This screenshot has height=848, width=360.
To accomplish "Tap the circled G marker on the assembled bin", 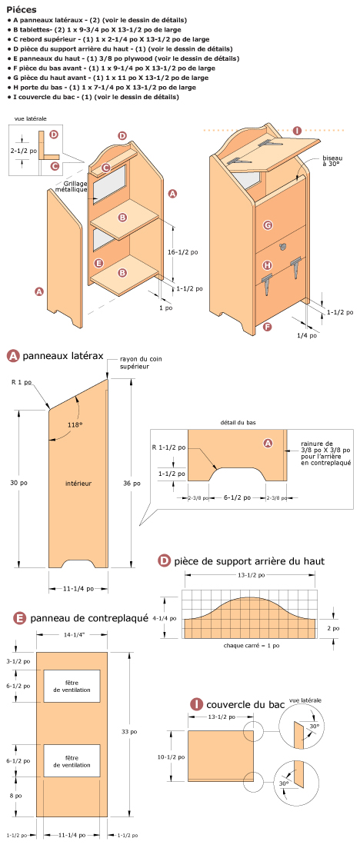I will coord(268,225).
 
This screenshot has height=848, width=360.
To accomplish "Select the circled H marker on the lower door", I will coord(268,265).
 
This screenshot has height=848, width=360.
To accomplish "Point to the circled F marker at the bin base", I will coord(267,327).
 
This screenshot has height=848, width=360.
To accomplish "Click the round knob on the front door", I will coord(284,247).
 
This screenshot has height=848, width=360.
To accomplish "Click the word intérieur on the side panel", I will coord(78,484).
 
